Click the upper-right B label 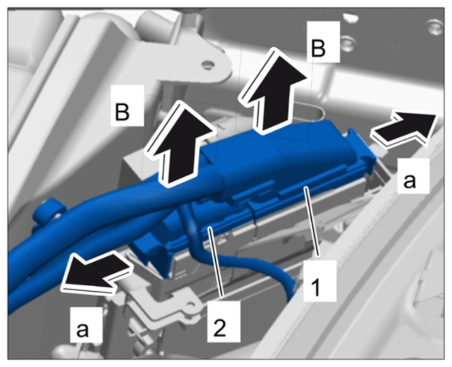323,42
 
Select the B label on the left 127,105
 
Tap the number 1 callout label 320,281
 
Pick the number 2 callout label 223,322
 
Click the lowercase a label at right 413,176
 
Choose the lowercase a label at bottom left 86,325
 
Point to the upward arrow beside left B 181,144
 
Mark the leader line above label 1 312,221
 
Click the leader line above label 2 217,262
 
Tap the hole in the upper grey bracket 207,64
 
